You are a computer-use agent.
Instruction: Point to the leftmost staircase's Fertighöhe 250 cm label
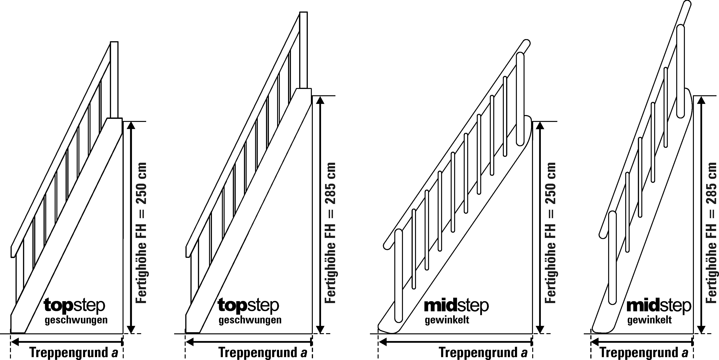(x=141, y=233)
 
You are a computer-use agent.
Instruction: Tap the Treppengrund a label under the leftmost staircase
(x=74, y=353)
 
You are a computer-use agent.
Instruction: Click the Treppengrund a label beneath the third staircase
(x=483, y=353)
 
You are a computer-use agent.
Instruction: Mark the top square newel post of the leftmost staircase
(x=114, y=80)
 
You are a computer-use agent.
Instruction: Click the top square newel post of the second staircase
(x=303, y=50)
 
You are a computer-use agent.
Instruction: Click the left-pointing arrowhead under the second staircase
(x=190, y=342)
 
